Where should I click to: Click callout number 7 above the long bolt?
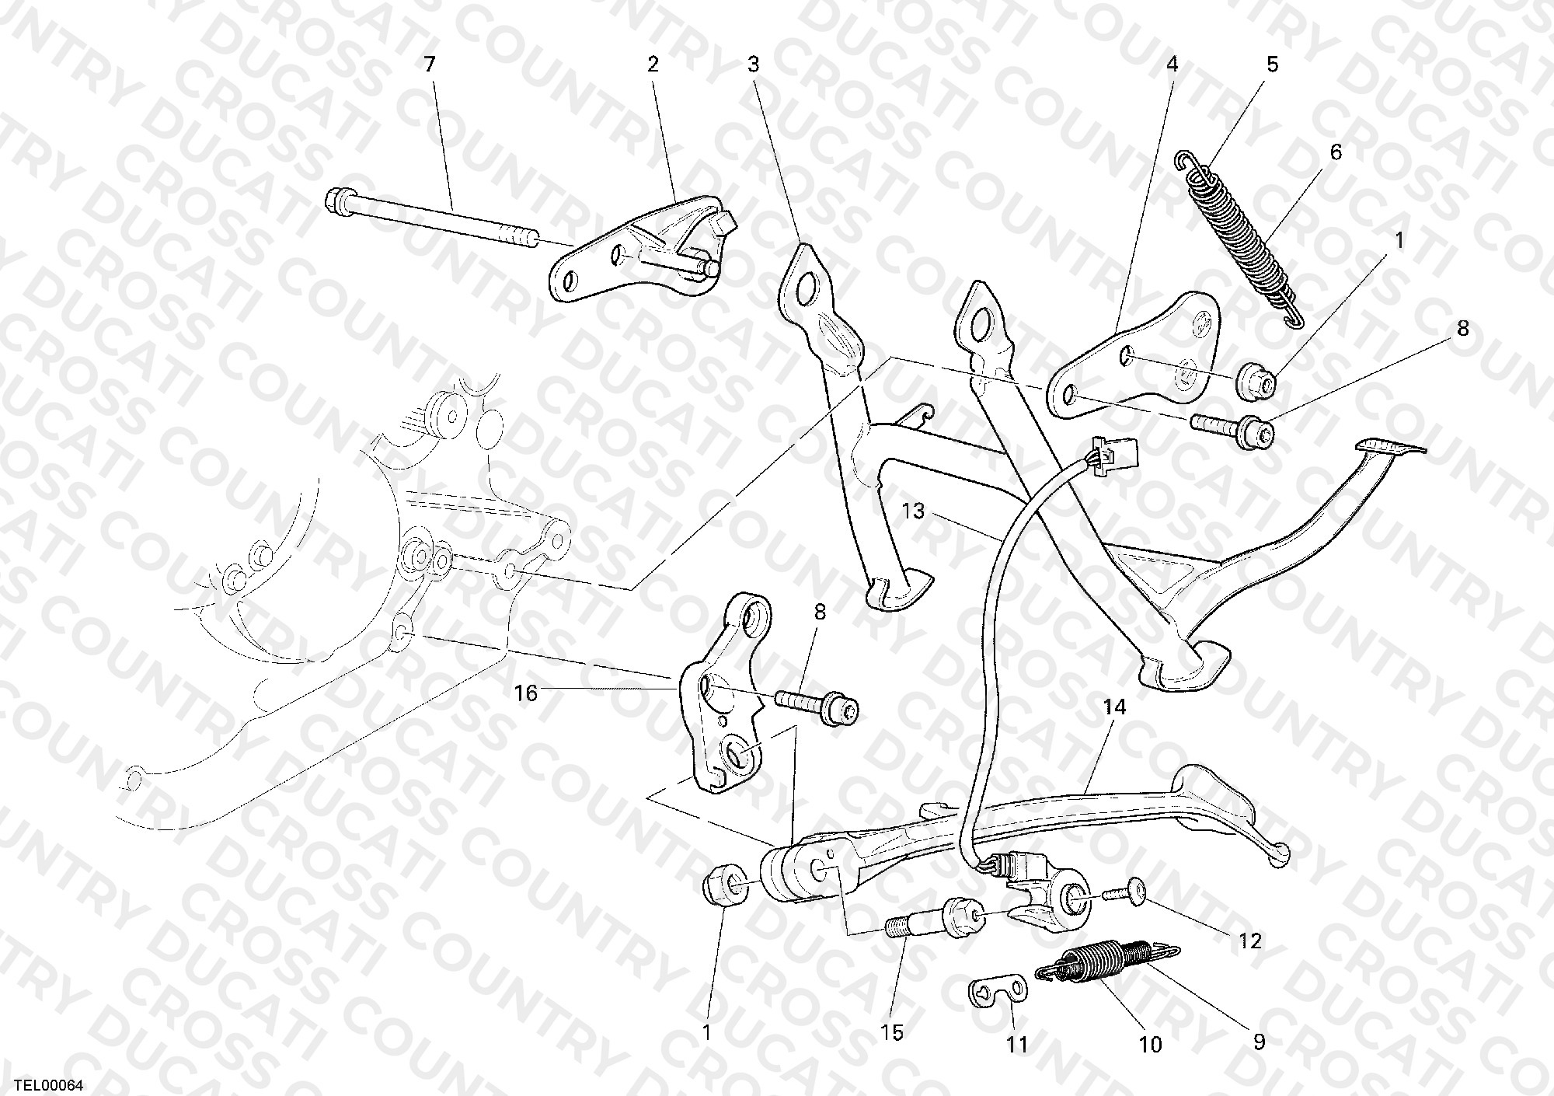430,65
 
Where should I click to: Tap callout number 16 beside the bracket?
526,693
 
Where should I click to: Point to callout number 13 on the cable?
914,511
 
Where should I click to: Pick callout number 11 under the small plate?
1017,1045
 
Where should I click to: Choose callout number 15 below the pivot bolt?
893,1032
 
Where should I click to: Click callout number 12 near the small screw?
1249,941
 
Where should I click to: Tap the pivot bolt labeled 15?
935,916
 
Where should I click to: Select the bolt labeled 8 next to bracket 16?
817,703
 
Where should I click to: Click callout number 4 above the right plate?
1172,65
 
